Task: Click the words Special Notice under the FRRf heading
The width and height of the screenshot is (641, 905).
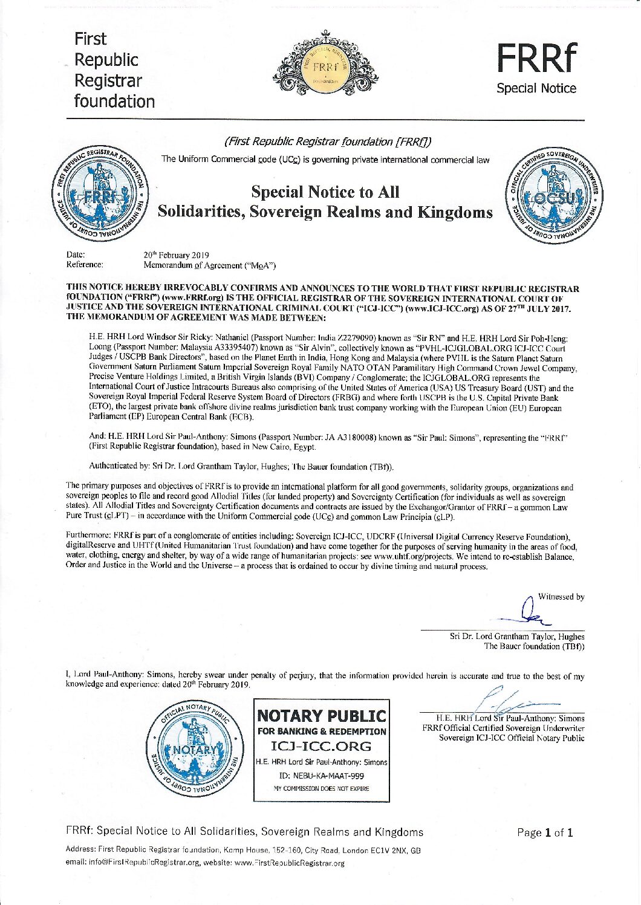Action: click(536, 88)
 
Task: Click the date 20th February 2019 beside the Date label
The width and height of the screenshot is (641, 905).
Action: click(176, 255)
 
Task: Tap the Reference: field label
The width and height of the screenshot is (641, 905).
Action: click(85, 265)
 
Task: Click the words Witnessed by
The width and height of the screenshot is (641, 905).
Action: click(561, 597)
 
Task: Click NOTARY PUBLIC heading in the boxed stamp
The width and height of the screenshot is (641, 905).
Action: click(321, 716)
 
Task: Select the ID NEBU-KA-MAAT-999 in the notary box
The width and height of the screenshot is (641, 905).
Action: click(321, 776)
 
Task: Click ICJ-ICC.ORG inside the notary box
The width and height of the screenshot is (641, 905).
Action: click(321, 747)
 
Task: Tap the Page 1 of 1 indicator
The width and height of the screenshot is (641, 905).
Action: click(545, 832)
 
